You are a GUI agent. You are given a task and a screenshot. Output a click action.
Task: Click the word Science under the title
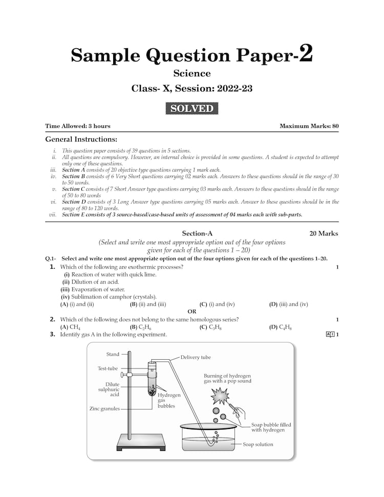[191, 73]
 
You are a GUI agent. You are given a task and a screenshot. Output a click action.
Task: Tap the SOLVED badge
[192, 109]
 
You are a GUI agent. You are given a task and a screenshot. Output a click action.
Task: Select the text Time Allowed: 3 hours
[78, 126]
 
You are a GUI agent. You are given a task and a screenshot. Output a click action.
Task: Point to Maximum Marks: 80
[309, 126]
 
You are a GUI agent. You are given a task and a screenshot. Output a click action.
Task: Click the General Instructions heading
[81, 139]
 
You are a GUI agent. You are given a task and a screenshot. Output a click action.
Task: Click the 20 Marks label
[324, 233]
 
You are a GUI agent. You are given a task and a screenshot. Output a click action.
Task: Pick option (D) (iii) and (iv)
[289, 304]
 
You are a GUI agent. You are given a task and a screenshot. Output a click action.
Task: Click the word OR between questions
[192, 311]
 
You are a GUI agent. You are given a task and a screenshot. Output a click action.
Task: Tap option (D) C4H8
[281, 327]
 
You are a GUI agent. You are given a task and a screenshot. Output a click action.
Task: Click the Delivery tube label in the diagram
[196, 357]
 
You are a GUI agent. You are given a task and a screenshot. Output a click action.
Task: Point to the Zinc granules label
[104, 408]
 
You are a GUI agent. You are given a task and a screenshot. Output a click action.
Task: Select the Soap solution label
[258, 444]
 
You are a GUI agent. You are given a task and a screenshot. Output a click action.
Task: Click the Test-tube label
[108, 369]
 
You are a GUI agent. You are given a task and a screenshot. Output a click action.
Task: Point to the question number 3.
[53, 335]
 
